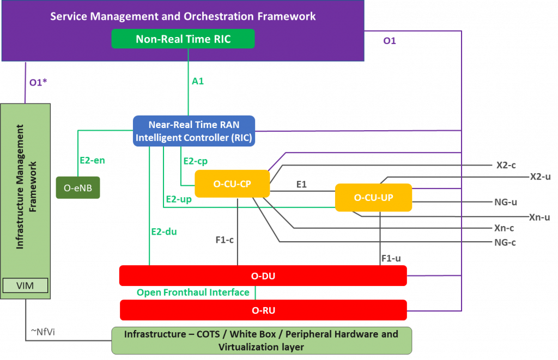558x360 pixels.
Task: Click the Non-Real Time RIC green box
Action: pos(183,39)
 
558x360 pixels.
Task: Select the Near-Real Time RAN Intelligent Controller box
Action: pos(194,131)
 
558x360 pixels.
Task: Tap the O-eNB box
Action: pos(78,188)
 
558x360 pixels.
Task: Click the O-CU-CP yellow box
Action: pos(232,184)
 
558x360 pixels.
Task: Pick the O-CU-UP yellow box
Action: pos(373,197)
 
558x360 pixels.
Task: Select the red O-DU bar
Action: pos(263,276)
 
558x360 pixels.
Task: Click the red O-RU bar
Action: pos(263,310)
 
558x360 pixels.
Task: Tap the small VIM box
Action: pos(26,285)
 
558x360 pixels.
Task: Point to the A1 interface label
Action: pos(197,81)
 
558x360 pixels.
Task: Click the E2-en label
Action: pos(92,161)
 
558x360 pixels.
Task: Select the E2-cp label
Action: pos(195,161)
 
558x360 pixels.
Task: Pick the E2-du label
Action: pos(163,231)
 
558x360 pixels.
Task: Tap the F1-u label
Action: pos(391,258)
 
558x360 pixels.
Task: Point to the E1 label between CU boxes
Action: pos(301,185)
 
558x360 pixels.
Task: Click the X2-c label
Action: pos(506,165)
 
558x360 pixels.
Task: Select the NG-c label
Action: pos(505,242)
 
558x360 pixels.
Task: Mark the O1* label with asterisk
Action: pos(38,82)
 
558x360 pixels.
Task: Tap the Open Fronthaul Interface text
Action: pos(193,293)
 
